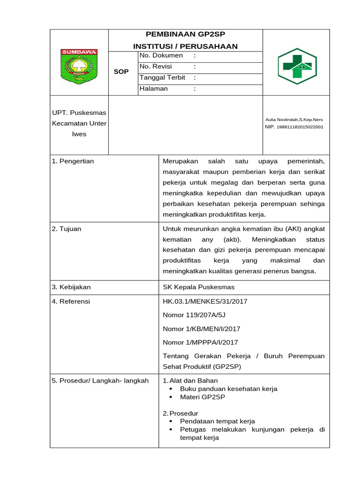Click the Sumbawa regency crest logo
pyautogui.click(x=79, y=66)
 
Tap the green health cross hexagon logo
pyautogui.click(x=297, y=66)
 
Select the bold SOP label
pyautogui.click(x=121, y=72)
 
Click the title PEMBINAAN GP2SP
pyautogui.click(x=185, y=35)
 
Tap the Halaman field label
pyautogui.click(x=153, y=89)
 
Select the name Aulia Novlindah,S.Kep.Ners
pyautogui.click(x=294, y=120)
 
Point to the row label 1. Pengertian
pyautogui.click(x=73, y=161)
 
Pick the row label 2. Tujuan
pyautogui.click(x=67, y=229)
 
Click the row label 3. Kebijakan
pyautogui.click(x=71, y=287)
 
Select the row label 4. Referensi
pyautogui.click(x=71, y=301)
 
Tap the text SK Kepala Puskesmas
pyautogui.click(x=198, y=287)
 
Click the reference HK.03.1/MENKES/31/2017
pyautogui.click(x=205, y=301)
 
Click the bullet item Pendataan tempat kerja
pyautogui.click(x=217, y=421)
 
